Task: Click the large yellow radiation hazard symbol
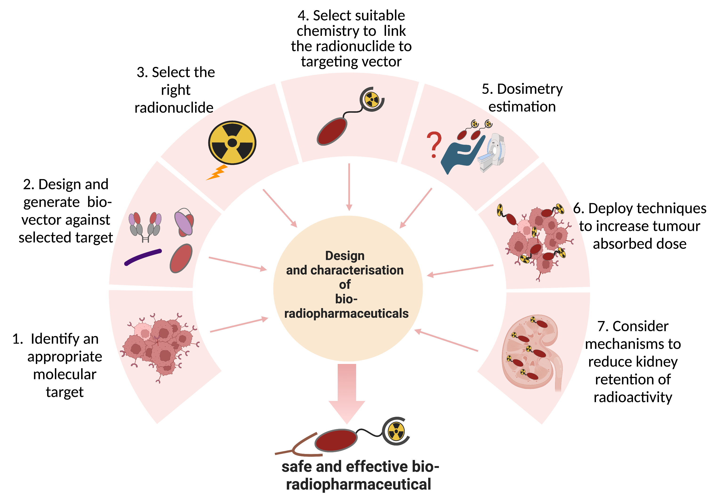(232, 143)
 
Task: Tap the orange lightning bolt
(217, 173)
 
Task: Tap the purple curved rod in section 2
(143, 257)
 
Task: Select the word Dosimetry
(530, 89)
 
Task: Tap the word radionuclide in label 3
(174, 108)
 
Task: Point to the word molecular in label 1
(65, 375)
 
